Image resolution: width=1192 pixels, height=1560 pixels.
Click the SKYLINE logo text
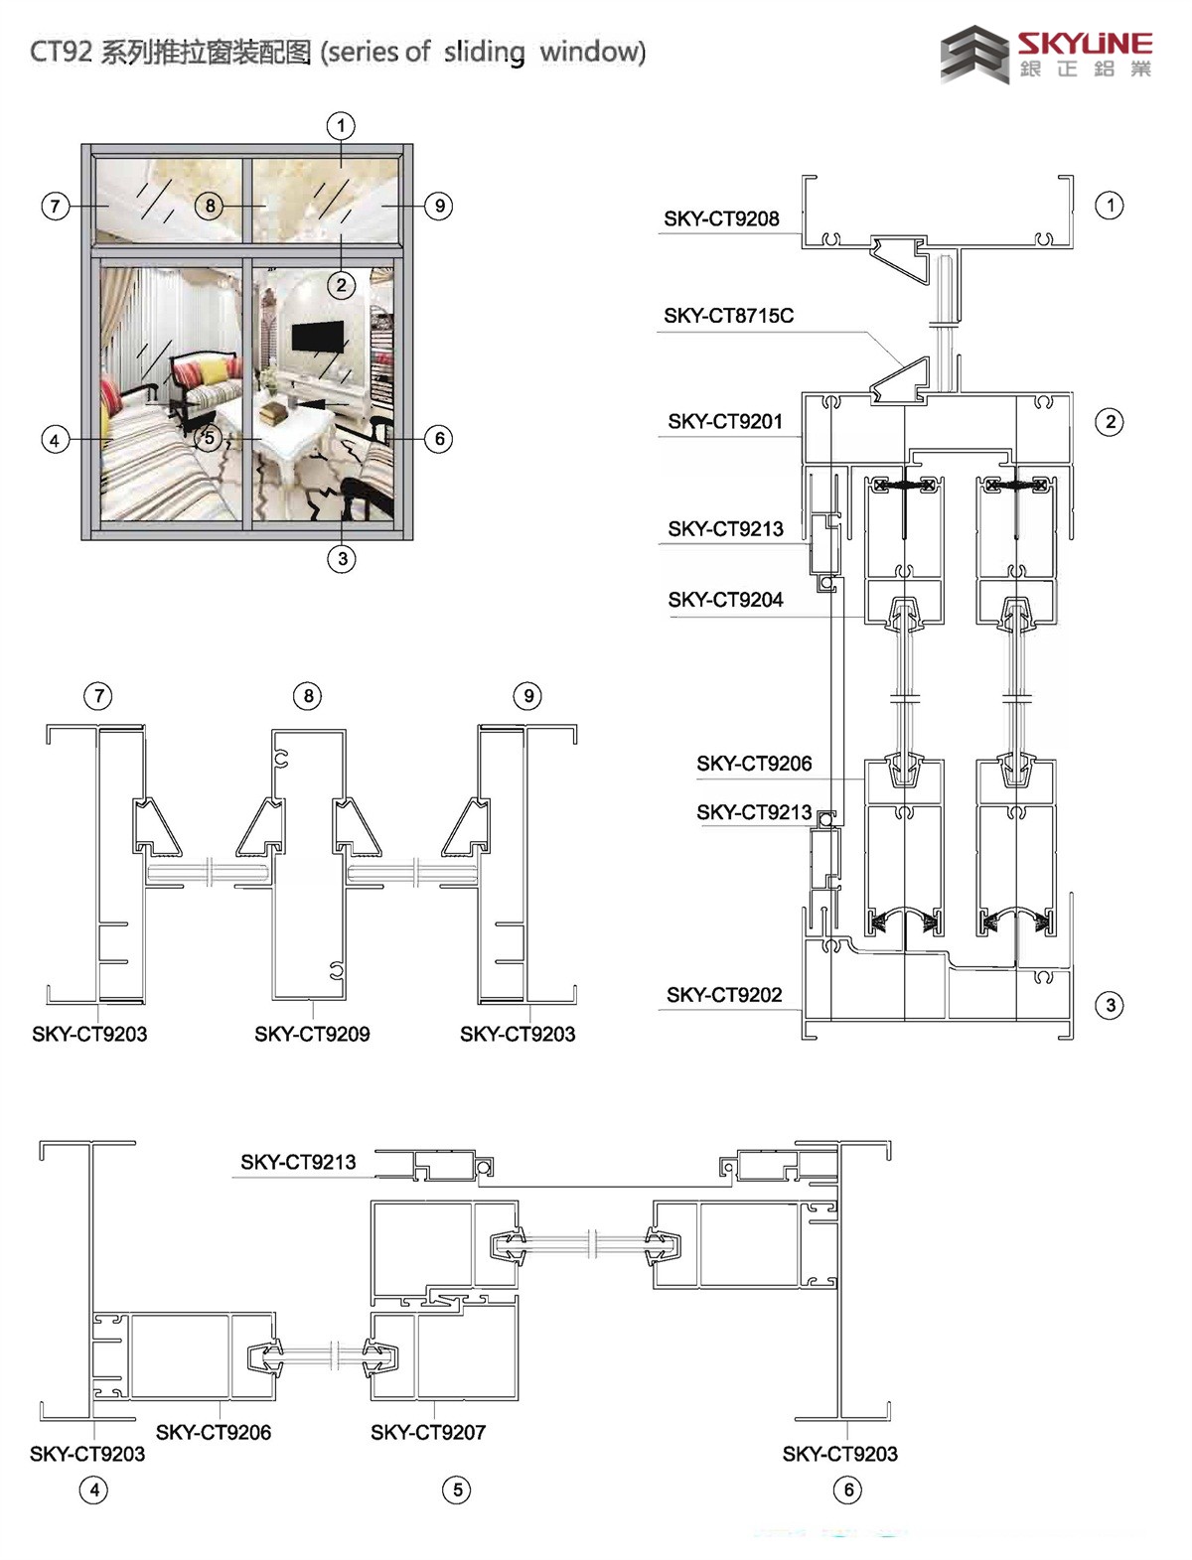pyautogui.click(x=1084, y=45)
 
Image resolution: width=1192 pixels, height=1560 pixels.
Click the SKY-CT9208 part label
pyautogui.click(x=721, y=218)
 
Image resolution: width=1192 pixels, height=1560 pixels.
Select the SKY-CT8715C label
pyautogui.click(x=728, y=316)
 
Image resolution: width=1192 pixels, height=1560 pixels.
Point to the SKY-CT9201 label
pyautogui.click(x=725, y=422)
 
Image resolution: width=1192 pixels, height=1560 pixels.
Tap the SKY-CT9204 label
pyautogui.click(x=725, y=600)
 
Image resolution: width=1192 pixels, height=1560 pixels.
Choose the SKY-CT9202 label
pyautogui.click(x=724, y=995)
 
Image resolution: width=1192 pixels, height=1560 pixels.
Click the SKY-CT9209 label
pyautogui.click(x=312, y=1035)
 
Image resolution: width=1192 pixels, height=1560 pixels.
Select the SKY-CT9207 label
pyautogui.click(x=428, y=1432)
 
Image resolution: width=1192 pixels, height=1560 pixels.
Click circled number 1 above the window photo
pyautogui.click(x=341, y=125)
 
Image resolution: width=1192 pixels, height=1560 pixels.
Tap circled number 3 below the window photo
pyautogui.click(x=342, y=558)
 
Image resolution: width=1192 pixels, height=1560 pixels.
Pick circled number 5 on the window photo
pyautogui.click(x=208, y=438)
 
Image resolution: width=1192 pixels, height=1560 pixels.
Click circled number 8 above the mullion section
pyautogui.click(x=308, y=696)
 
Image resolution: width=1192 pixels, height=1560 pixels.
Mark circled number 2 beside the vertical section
pyautogui.click(x=1110, y=422)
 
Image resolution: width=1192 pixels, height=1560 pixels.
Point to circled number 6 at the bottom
pyautogui.click(x=848, y=1489)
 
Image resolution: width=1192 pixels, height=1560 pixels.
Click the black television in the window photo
pyautogui.click(x=317, y=337)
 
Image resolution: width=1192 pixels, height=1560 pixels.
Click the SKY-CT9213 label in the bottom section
pyautogui.click(x=298, y=1162)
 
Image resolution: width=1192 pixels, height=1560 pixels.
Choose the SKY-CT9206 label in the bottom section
pyautogui.click(x=214, y=1432)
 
